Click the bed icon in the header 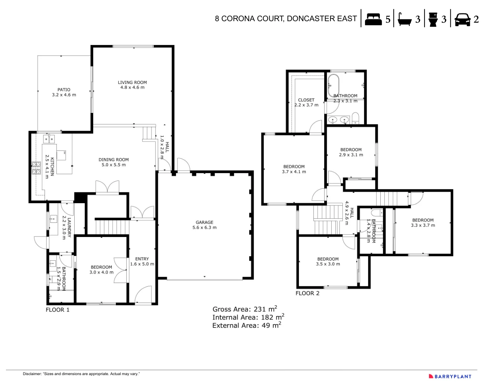pos(373,19)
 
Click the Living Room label pos(132,85)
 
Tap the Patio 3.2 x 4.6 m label pos(64,92)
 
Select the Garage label pos(204,225)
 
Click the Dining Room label pos(114,162)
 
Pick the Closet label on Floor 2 pos(306,102)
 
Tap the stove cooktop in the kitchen pos(36,168)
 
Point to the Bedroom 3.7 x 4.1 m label pos(294,169)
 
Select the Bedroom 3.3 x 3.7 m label pos(423,222)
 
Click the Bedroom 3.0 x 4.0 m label pos(101,270)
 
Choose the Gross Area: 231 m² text pos(245,309)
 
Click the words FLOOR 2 pos(307,293)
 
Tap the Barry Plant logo pos(450,376)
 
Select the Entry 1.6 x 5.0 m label pos(142,261)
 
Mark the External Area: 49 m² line pos(247,325)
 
